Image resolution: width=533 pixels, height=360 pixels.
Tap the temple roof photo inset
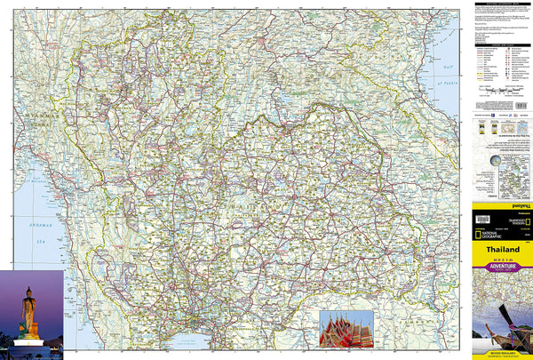(346, 328)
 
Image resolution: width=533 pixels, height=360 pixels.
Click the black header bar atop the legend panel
(501, 4)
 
